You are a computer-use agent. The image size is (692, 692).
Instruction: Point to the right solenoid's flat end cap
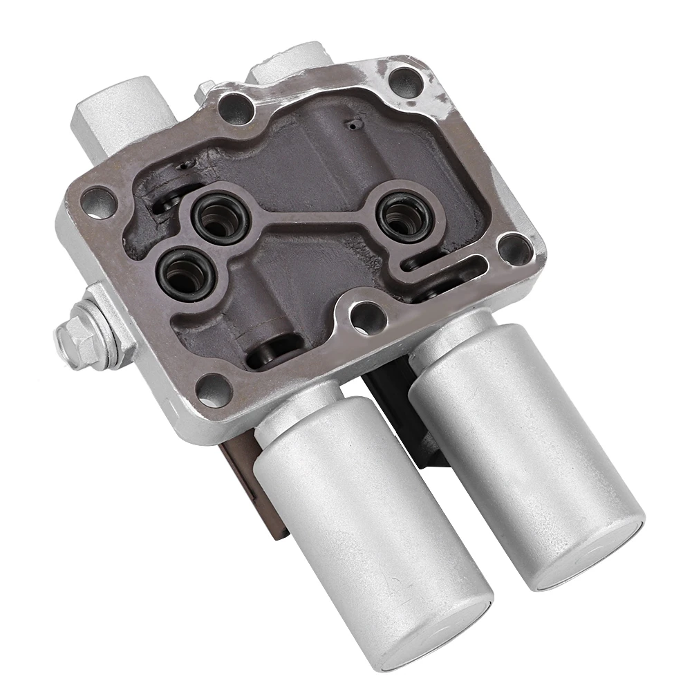590,560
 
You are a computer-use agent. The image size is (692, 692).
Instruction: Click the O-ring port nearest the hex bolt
184,273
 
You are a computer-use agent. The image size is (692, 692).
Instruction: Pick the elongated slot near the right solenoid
453,265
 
